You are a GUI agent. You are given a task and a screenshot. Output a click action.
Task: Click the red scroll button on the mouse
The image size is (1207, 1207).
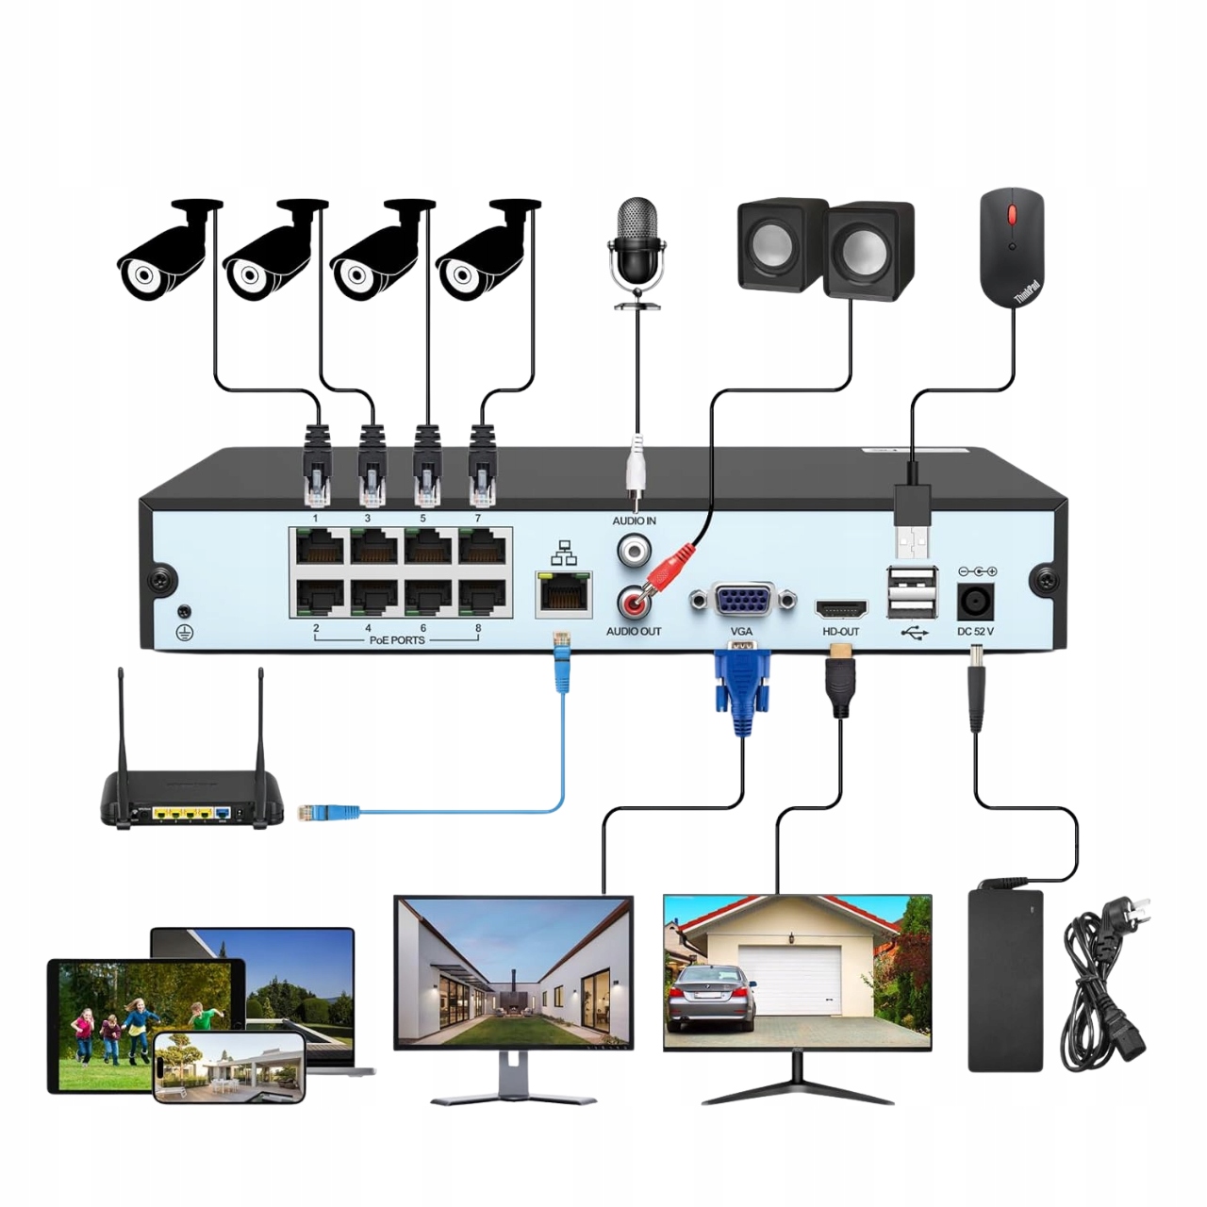point(1013,213)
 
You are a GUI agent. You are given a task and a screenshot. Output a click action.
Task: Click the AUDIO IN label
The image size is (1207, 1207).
point(634,521)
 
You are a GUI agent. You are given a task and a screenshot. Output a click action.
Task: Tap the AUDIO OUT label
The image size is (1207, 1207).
point(634,631)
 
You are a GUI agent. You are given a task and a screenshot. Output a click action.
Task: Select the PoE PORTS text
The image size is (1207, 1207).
point(396,640)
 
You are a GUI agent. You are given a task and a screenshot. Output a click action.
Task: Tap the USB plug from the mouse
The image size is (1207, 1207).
point(911,523)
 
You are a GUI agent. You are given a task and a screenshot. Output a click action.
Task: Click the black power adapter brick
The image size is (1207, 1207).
point(1006,980)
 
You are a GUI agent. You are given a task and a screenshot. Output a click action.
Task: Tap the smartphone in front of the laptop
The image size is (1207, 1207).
point(229,1066)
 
